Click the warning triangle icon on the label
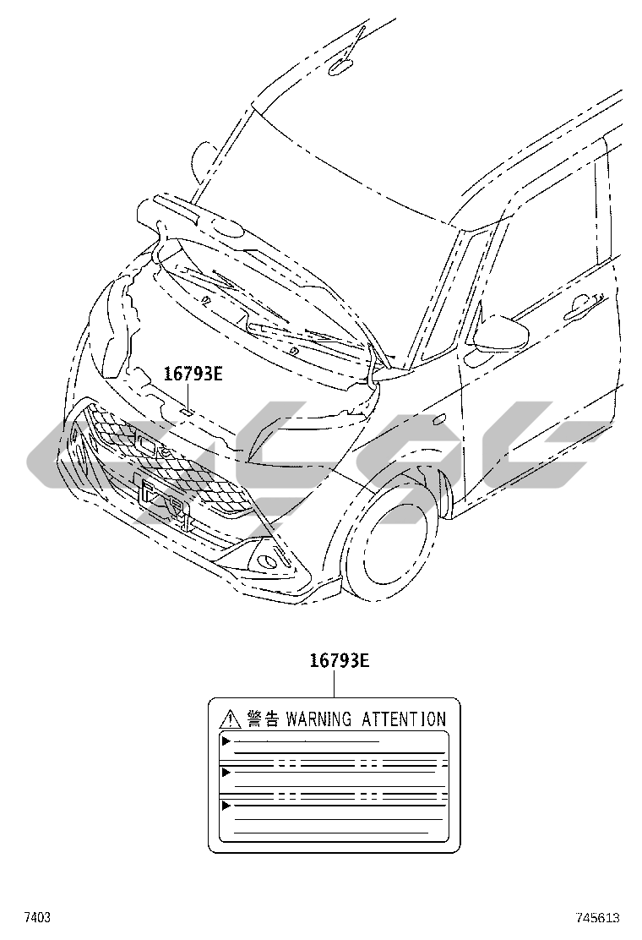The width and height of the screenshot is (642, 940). click(x=228, y=720)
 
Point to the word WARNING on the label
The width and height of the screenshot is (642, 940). click(x=318, y=720)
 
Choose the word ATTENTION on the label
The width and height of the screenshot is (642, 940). click(x=403, y=720)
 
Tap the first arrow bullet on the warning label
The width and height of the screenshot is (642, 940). click(x=226, y=741)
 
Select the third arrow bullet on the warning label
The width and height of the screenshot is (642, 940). click(x=226, y=806)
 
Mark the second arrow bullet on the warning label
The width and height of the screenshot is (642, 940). click(x=226, y=772)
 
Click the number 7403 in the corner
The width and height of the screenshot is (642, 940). click(x=36, y=917)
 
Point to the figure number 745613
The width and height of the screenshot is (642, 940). click(x=598, y=917)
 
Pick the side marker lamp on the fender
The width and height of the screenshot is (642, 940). click(x=438, y=419)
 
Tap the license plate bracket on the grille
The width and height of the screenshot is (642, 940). click(x=160, y=499)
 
